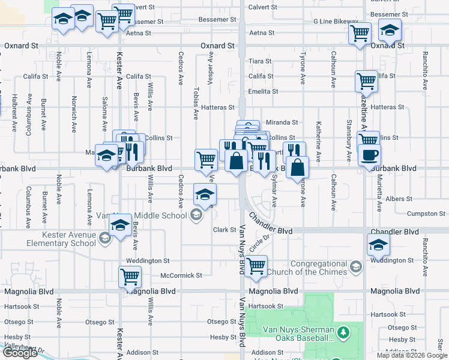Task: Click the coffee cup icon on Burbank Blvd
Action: [369, 155]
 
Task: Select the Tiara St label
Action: [261, 61]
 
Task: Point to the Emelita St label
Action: [264, 92]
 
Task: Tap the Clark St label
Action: [224, 230]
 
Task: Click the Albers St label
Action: [395, 199]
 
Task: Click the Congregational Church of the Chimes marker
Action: [355, 266]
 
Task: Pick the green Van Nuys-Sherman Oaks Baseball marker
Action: [343, 331]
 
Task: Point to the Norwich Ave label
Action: [74, 109]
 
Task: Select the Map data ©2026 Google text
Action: [412, 355]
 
